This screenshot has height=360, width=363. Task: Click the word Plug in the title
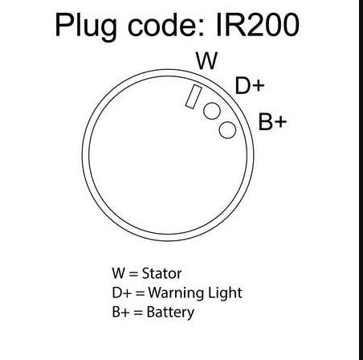86,27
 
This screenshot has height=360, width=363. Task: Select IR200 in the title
257,25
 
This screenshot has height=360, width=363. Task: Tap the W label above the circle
206,61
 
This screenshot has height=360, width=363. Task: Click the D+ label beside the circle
250,85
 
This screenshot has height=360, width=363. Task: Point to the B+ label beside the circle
272,122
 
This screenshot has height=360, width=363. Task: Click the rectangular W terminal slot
194,96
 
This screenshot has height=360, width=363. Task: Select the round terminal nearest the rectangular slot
212,111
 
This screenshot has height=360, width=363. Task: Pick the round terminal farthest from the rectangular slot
227,130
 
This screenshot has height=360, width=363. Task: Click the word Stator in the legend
161,273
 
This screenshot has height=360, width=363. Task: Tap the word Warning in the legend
176,292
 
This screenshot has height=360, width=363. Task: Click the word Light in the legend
225,292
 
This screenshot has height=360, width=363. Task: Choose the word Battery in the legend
170,313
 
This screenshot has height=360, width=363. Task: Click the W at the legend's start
119,273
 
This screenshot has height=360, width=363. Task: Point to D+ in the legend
122,292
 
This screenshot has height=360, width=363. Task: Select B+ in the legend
120,312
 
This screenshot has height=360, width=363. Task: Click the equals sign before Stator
133,274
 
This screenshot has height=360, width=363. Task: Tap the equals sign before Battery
138,313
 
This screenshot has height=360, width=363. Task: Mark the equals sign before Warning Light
140,293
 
